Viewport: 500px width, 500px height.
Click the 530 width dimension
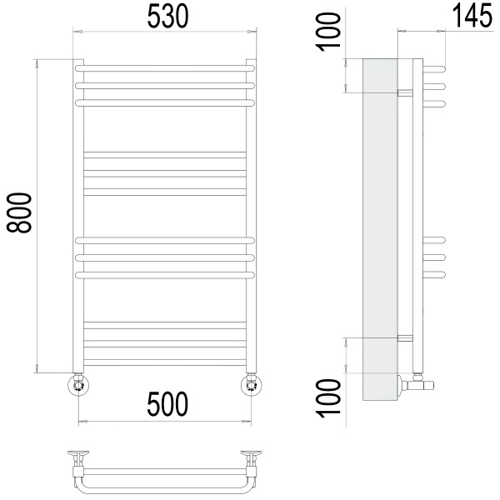pyautogui.click(x=167, y=16)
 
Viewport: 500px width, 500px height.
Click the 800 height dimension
pyautogui.click(x=19, y=212)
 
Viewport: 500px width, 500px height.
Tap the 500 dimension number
pyautogui.click(x=167, y=404)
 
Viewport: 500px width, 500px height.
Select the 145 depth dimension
pyautogui.click(x=472, y=16)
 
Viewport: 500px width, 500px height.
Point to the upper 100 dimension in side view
pyautogui.click(x=328, y=32)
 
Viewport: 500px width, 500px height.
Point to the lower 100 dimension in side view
pyautogui.click(x=328, y=398)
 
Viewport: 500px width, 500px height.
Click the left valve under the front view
pyautogui.click(x=78, y=385)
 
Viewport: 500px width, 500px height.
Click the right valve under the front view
pyautogui.click(x=252, y=385)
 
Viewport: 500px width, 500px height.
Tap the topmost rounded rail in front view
pyautogui.click(x=165, y=68)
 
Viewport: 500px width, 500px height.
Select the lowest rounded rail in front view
pyautogui.click(x=165, y=275)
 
